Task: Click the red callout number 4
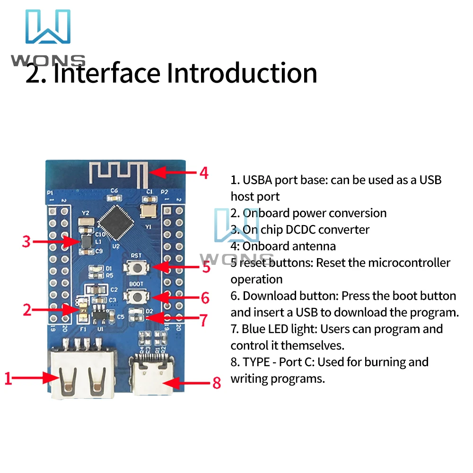pos(203,173)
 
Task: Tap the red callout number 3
pos(26,242)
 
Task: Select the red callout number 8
pos(216,382)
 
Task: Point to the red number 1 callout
pos(8,378)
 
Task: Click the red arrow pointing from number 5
pos(175,267)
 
